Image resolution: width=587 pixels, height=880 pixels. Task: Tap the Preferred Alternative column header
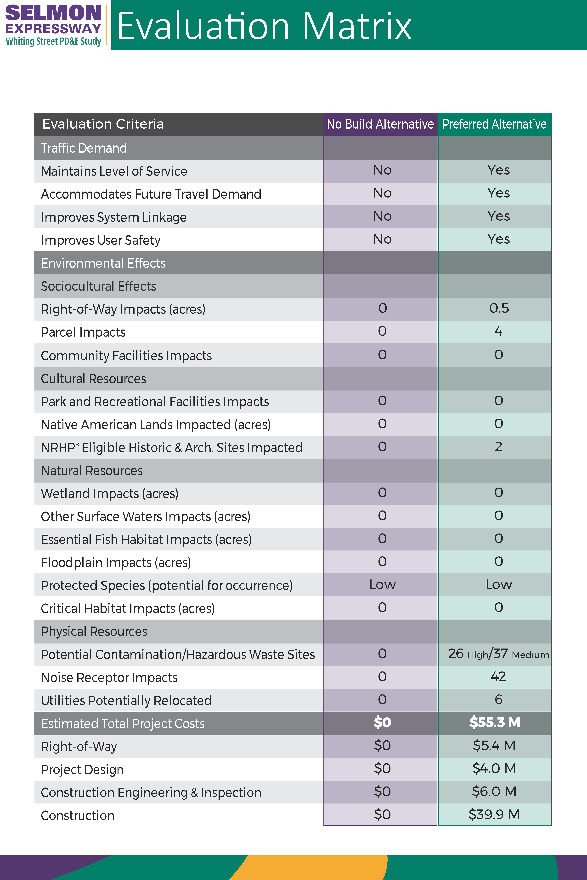pos(494,124)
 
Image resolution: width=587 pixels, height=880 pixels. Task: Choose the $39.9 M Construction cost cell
pos(494,814)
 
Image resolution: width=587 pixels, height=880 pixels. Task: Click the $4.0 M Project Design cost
pos(494,769)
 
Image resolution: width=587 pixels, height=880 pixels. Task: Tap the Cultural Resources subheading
pos(94,379)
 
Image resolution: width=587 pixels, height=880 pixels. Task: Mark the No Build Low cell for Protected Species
pos(382,584)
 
